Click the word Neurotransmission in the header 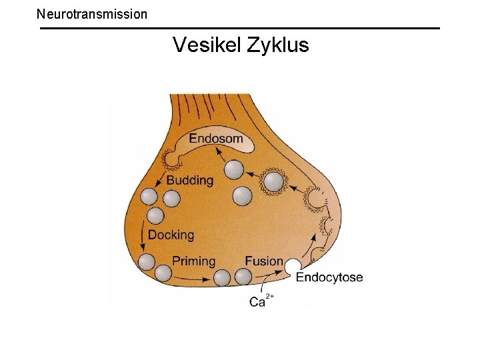coord(92,13)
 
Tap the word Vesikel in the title coord(207,45)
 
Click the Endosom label coord(215,139)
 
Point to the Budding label coord(190,181)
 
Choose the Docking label coord(171,235)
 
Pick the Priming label coord(194,261)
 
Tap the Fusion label coord(264,261)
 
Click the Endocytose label coord(329,277)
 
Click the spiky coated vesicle coord(273,181)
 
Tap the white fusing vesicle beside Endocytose coord(293,267)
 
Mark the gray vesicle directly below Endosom coord(234,169)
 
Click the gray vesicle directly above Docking coord(155,216)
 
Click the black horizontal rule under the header coord(240,28)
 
